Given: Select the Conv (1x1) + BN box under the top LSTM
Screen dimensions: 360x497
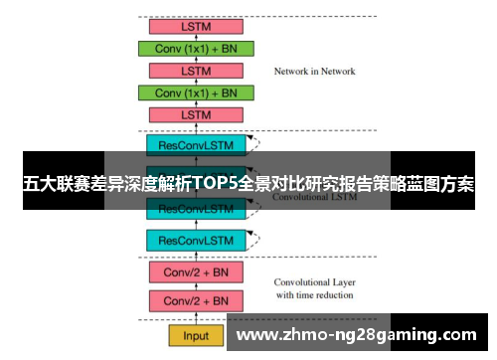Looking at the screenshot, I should pos(196,48).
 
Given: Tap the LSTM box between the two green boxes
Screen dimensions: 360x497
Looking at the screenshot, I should pos(196,71).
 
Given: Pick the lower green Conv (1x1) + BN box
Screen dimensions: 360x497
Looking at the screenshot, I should pos(196,92).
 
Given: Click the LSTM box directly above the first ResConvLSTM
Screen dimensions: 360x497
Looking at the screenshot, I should pos(196,115).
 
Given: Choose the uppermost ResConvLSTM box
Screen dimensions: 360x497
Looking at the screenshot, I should pos(196,144).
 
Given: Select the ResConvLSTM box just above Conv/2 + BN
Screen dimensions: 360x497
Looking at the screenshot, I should pos(196,240).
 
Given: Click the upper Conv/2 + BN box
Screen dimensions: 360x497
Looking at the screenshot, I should pos(196,270).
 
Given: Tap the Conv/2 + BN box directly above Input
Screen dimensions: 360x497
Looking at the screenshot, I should pos(196,300).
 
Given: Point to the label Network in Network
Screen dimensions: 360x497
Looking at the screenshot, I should pos(314,72).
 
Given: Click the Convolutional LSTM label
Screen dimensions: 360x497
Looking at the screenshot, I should pos(316,198).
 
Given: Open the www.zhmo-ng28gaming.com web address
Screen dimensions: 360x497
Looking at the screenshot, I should pos(359,334).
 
